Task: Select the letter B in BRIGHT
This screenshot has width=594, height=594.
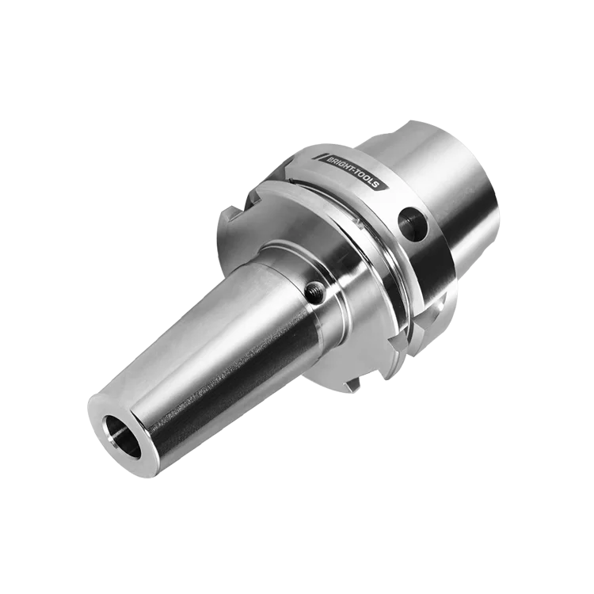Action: [x=330, y=159]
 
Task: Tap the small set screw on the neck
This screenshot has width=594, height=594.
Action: [x=315, y=291]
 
